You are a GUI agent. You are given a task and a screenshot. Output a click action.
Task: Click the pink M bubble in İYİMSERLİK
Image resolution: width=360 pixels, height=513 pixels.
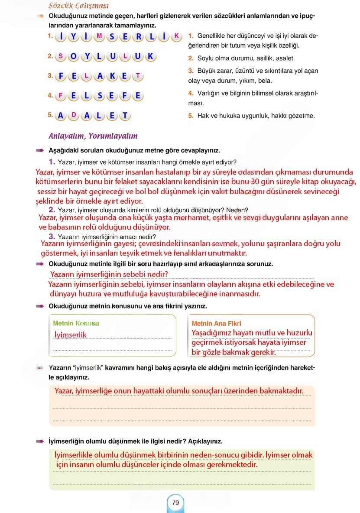point(99,36)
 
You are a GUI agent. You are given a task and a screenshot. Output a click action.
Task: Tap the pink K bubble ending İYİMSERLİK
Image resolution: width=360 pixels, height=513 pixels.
point(176,36)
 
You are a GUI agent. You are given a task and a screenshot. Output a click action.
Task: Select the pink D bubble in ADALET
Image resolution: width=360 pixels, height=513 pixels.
point(74,115)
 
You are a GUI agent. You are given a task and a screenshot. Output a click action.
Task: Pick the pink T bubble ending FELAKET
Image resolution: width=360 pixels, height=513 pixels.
point(138,76)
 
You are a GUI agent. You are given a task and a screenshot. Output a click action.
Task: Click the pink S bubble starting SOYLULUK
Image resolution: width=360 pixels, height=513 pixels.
point(61,56)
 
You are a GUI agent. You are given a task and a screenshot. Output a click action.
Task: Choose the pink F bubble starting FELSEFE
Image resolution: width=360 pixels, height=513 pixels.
point(61,96)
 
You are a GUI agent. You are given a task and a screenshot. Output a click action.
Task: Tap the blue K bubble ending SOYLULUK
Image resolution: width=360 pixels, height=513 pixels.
point(150,56)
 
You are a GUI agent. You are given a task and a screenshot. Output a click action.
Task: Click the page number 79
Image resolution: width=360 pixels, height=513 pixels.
point(175,503)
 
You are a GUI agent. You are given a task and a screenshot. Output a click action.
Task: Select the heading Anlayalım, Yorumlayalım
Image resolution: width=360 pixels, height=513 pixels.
point(93,136)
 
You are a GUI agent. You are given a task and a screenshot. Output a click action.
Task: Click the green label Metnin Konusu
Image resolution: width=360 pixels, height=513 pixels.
point(76,323)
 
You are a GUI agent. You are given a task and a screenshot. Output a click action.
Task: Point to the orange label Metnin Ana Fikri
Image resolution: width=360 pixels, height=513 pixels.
point(216,323)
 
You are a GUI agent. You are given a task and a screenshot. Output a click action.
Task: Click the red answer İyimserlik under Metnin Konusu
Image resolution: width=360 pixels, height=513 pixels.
point(71,334)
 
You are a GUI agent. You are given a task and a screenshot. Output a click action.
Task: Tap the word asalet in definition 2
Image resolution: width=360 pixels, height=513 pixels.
point(285,58)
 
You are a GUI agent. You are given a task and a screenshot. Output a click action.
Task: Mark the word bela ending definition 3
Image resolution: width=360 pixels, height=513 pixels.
point(265,81)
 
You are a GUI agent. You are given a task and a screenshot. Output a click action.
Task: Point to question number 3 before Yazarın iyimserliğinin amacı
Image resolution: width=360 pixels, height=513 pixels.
point(52,237)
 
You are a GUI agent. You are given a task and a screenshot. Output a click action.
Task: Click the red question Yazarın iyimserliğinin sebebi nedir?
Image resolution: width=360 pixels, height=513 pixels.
point(109,274)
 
